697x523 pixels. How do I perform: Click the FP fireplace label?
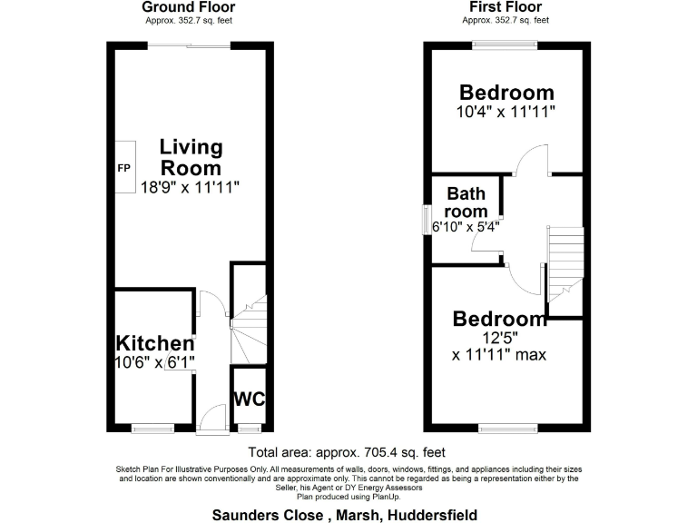point(123,168)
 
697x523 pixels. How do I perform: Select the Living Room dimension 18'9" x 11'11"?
point(191,188)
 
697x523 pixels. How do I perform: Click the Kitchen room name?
point(155,343)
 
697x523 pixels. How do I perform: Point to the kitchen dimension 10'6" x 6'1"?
point(155,362)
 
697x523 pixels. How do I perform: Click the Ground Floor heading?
point(188,7)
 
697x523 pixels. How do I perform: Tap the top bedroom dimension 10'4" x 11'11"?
point(506,113)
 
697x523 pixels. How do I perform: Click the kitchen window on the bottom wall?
point(152,428)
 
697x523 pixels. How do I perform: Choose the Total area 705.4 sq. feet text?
point(347,452)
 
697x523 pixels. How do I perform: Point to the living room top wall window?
point(190,45)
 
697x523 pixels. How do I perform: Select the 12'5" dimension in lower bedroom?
point(500,337)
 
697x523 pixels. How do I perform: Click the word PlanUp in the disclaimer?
point(386,496)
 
